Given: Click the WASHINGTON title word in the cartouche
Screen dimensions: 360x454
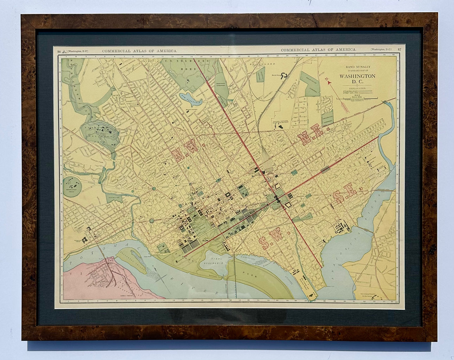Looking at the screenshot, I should pos(357,76).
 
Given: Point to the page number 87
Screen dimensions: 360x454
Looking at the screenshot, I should pos(399,49).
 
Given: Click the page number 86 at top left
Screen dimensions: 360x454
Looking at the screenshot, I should pos(59,51).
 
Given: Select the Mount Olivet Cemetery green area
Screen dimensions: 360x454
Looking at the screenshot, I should pos(310,84).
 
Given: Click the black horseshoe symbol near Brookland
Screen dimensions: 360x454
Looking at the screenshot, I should pos(285,76).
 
